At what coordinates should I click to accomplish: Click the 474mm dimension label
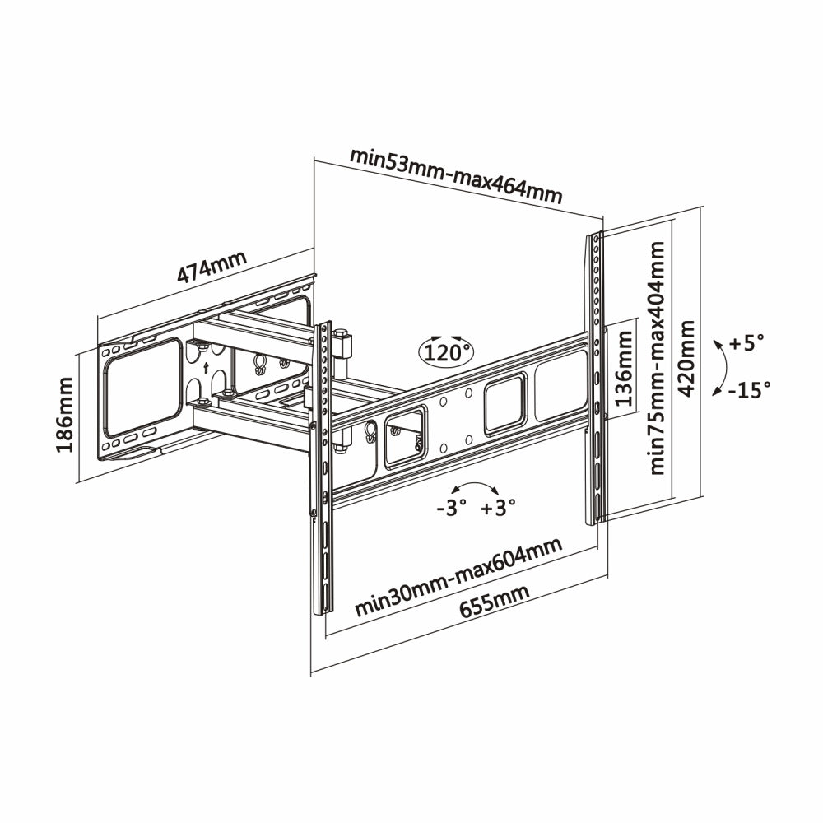click(212, 271)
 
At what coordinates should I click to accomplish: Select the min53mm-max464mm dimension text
click(456, 175)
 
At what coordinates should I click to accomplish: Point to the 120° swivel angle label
click(447, 353)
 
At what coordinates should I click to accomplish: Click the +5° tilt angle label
click(746, 342)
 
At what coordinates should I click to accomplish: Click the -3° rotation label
click(452, 508)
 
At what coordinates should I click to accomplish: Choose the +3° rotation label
click(498, 508)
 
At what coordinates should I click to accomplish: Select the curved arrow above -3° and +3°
click(474, 487)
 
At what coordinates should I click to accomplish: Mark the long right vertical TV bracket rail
click(595, 379)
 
